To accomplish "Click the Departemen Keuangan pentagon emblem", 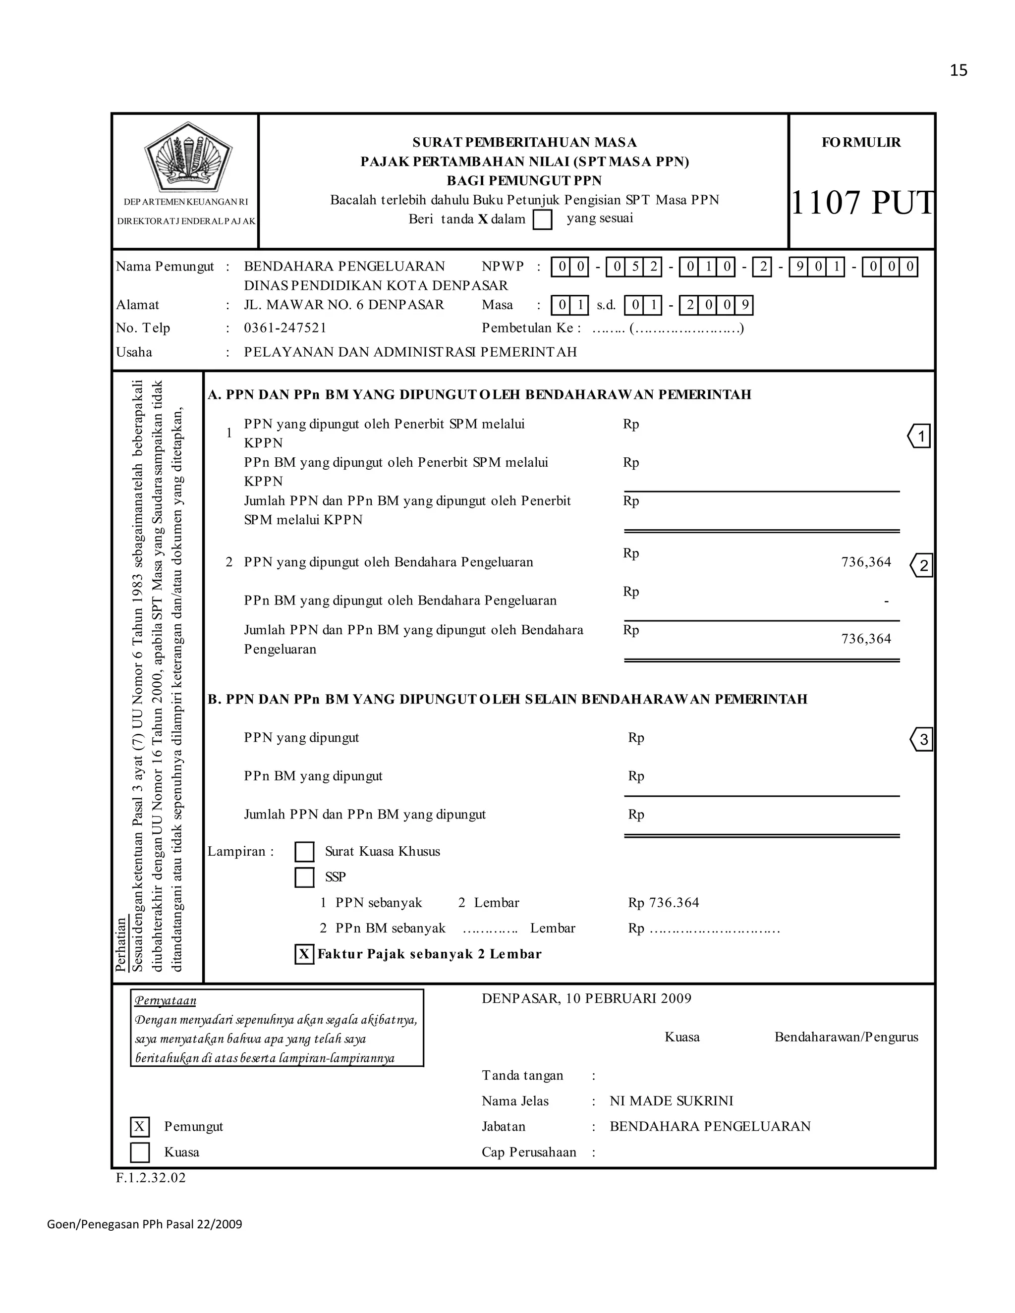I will click(188, 157).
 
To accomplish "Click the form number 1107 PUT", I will click(862, 203).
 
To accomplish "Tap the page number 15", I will click(959, 71).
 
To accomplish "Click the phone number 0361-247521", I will click(285, 328).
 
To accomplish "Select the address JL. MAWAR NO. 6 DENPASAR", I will click(343, 305).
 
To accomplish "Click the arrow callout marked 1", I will click(919, 436).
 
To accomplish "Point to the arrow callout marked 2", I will click(921, 565).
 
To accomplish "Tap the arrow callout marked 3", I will click(921, 739).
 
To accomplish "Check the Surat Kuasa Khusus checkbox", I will click(304, 852).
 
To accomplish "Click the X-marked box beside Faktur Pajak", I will click(304, 954).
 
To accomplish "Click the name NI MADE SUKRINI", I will click(671, 1101).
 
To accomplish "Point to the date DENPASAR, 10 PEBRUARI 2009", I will click(586, 998).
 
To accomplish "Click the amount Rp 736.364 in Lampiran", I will click(663, 903).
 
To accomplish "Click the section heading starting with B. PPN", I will click(507, 699).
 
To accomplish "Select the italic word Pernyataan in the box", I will click(166, 1000).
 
